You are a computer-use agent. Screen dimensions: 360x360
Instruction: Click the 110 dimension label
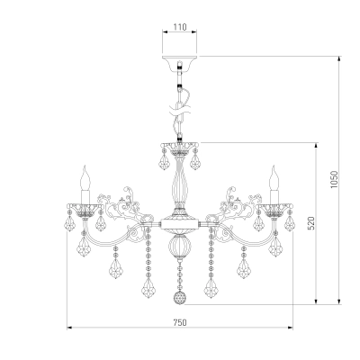coord(180,27)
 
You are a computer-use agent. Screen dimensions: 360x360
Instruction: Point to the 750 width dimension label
coord(180,322)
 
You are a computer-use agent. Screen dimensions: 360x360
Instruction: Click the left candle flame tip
coord(85,166)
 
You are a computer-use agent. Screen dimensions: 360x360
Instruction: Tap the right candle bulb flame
coord(274,177)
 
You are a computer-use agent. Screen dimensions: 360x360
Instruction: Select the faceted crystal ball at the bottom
coord(180,298)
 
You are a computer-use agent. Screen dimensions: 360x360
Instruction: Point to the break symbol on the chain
coord(180,109)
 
